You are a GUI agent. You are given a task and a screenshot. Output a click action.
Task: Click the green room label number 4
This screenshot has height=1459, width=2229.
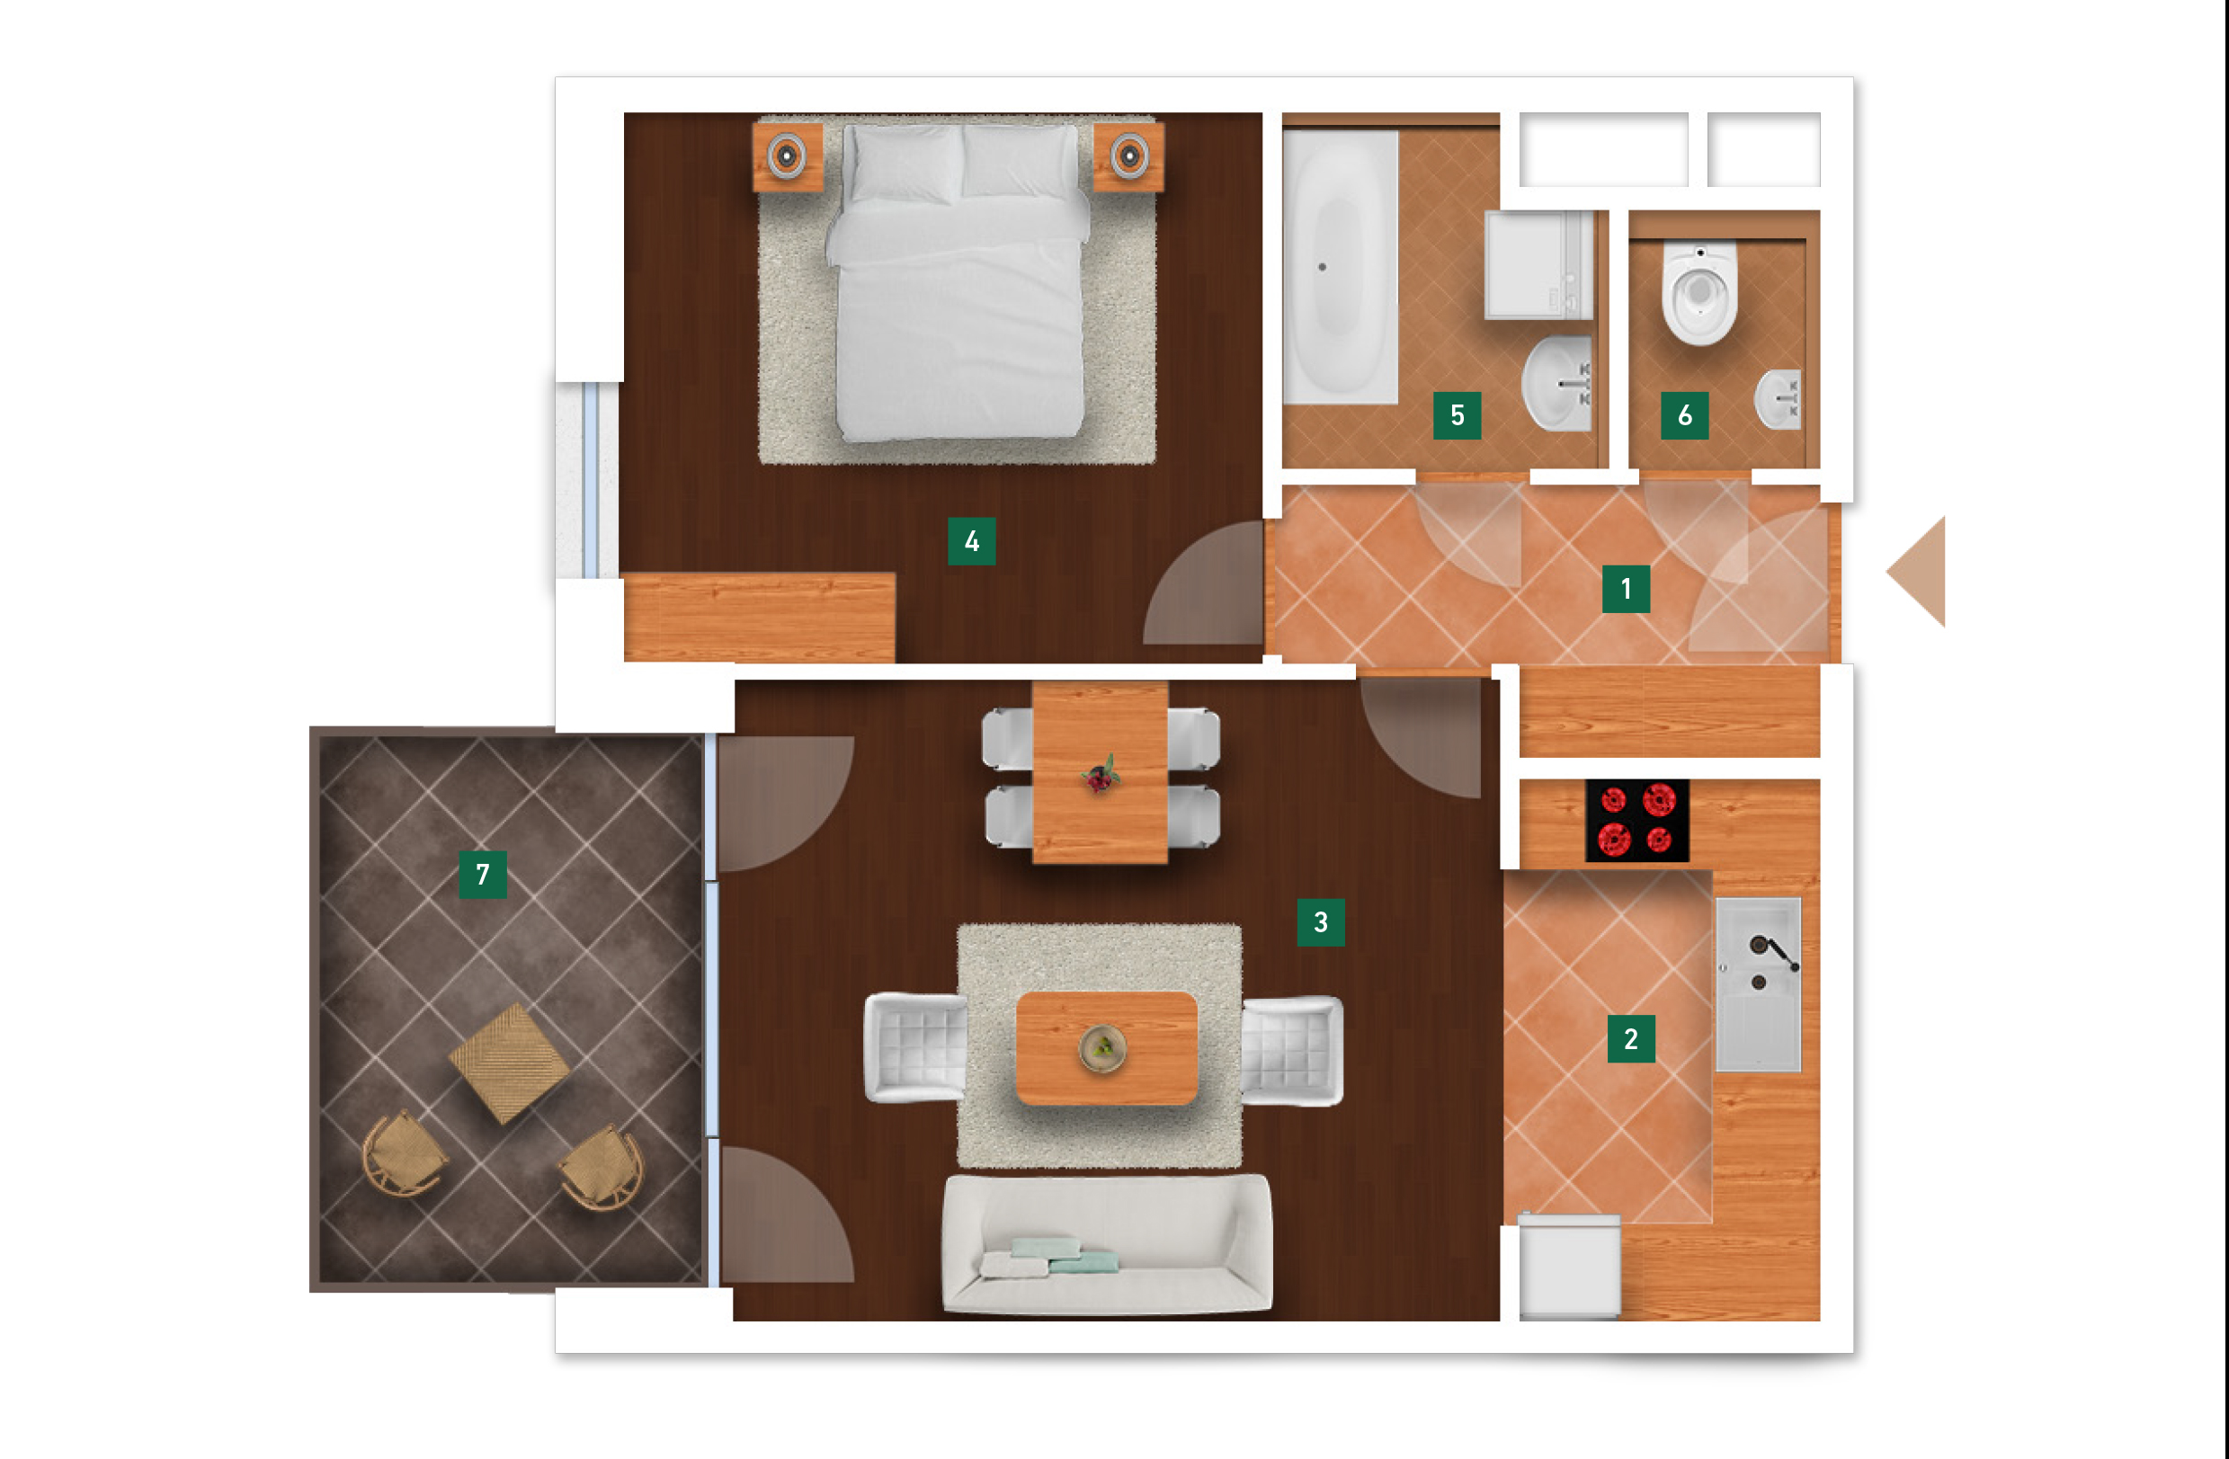(x=971, y=540)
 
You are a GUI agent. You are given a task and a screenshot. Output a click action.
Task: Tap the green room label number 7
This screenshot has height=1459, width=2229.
(x=482, y=874)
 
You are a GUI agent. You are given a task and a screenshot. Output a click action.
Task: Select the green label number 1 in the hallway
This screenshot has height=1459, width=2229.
(x=1626, y=588)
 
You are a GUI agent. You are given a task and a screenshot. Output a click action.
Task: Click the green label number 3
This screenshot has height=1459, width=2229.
(x=1321, y=921)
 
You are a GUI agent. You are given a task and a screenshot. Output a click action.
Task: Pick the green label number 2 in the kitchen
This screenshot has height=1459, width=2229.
(x=1631, y=1038)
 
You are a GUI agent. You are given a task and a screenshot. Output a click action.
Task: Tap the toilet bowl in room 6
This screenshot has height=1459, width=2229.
(x=1699, y=292)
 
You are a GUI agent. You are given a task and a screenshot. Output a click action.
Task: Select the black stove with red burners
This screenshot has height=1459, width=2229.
(x=1637, y=821)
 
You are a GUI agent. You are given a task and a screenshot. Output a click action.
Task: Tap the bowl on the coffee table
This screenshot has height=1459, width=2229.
(x=1103, y=1048)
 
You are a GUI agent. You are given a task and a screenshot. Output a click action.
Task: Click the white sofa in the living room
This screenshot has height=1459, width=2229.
(x=1107, y=1244)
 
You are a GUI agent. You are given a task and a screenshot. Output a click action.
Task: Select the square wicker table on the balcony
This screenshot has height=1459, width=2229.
(x=510, y=1063)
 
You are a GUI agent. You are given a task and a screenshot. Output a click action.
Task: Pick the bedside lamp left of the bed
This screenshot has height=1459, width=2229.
(x=787, y=156)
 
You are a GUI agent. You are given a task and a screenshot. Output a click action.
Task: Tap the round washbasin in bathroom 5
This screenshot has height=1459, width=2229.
(x=1556, y=383)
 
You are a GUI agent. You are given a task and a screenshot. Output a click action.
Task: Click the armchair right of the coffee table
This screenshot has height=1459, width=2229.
(x=1292, y=1050)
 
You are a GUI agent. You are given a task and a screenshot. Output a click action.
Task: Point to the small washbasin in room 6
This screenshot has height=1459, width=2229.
(x=1778, y=399)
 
